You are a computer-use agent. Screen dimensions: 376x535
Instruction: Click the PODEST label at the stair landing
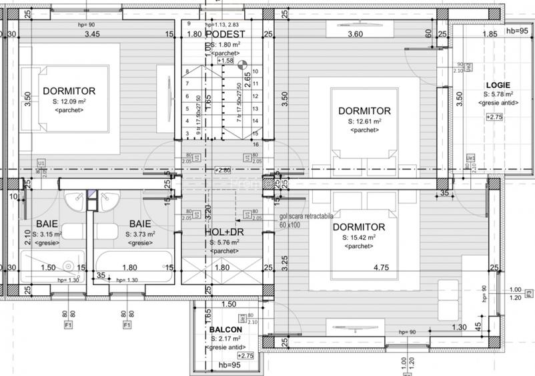click(225, 34)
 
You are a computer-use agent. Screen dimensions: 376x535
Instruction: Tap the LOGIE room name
click(498, 85)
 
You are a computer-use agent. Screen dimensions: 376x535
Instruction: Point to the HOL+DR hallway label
click(224, 232)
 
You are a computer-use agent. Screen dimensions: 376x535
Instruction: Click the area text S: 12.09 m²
click(69, 101)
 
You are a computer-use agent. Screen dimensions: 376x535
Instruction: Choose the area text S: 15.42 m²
click(360, 237)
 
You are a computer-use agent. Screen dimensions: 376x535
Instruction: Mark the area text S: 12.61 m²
click(364, 122)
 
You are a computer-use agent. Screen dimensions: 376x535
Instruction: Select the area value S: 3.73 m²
click(140, 234)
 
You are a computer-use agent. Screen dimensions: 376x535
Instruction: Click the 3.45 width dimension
click(92, 34)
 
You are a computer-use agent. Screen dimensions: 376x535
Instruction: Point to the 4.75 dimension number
click(381, 268)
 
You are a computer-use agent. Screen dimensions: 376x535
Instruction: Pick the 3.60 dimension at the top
click(356, 34)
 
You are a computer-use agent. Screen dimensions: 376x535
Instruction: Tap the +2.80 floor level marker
click(222, 170)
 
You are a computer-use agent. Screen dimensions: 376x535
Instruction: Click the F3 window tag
click(529, 293)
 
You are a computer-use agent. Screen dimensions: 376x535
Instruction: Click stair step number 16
click(255, 144)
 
